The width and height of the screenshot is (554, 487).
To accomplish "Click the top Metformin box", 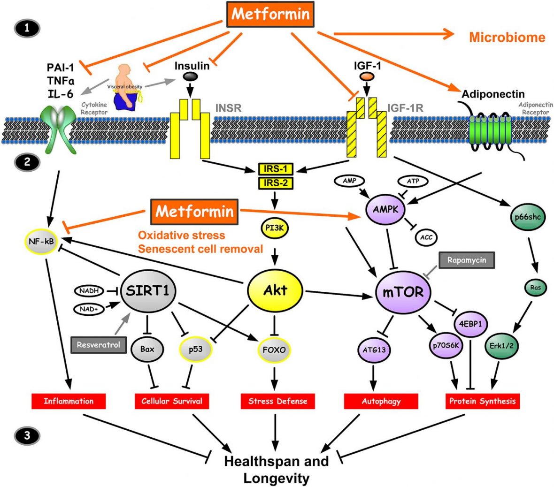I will (x=270, y=15).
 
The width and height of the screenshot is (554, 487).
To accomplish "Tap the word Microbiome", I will (x=508, y=38).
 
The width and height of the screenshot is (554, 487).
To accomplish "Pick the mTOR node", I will (x=403, y=292).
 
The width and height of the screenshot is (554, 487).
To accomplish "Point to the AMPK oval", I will (x=385, y=210).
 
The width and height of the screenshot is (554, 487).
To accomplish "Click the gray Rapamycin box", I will (x=466, y=260).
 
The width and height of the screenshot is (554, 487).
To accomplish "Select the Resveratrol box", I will (x=99, y=344).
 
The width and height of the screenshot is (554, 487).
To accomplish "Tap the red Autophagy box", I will (x=381, y=401).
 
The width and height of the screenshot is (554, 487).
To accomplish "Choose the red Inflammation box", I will (x=69, y=401).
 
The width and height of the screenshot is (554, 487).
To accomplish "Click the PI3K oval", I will (x=275, y=228).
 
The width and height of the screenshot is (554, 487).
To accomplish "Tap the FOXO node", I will (x=275, y=350).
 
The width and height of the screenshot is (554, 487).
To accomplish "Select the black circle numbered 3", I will (x=27, y=435).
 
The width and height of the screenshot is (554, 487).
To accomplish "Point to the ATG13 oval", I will (x=374, y=350).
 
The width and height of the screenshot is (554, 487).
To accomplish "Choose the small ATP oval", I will (x=413, y=181).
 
